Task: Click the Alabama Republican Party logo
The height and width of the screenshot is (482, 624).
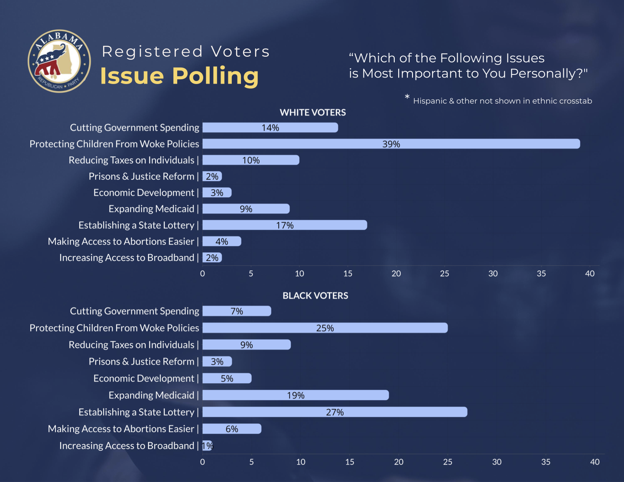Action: point(59,61)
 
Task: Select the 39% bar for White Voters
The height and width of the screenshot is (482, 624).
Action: point(391,144)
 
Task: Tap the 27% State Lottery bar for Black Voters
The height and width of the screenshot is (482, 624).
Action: point(335,412)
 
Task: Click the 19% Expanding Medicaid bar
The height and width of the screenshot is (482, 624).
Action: point(296,395)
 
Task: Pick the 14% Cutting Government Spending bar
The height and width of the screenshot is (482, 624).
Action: point(270,127)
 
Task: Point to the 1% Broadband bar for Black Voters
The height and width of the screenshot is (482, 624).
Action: point(207,446)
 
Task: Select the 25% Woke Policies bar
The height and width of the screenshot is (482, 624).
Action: point(325,328)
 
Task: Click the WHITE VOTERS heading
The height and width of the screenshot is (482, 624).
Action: point(313,113)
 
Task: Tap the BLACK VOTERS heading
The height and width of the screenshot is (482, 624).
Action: point(315,296)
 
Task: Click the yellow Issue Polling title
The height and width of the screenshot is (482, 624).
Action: point(179,76)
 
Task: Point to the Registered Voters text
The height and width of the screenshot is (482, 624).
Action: point(186,52)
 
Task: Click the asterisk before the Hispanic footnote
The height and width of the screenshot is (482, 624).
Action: point(407,97)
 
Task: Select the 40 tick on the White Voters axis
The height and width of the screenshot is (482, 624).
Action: point(590,274)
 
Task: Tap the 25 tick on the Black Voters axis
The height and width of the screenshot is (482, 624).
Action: point(448,462)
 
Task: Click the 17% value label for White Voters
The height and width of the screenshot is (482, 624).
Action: point(285,225)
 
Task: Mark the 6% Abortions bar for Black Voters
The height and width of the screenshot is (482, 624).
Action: point(232,429)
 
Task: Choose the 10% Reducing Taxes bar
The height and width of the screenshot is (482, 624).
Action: point(250,160)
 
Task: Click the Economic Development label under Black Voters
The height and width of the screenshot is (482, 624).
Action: point(144,378)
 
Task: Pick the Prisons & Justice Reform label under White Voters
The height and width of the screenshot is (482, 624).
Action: point(141,176)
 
